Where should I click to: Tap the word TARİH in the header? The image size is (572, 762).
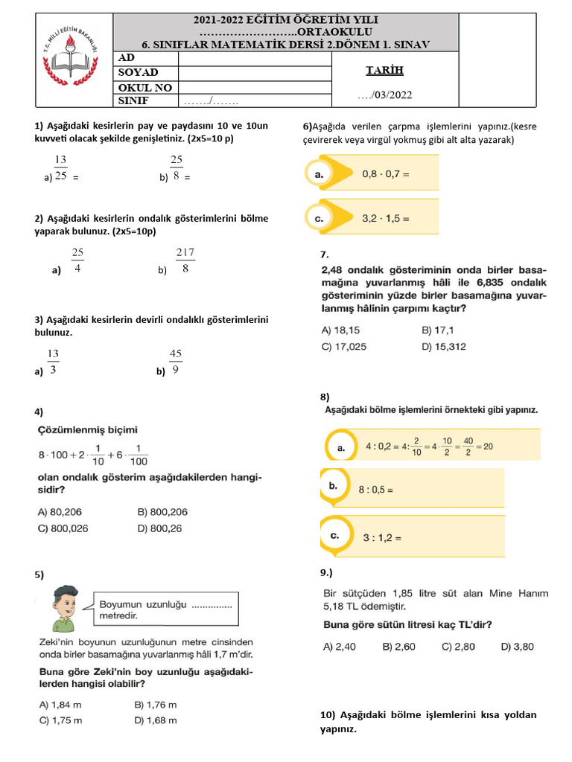384,71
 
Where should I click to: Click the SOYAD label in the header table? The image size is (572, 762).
139,72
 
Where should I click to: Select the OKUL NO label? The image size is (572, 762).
145,87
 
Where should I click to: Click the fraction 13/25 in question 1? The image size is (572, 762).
61,169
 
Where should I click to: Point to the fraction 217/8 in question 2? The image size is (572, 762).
185,261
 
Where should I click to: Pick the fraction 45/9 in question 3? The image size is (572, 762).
177,361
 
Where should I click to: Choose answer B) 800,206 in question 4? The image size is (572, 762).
163,511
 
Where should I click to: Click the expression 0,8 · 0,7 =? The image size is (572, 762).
386,174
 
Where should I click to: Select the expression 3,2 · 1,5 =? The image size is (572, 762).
386,219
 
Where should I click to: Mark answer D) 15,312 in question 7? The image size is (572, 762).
444,346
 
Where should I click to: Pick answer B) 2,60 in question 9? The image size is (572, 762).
399,647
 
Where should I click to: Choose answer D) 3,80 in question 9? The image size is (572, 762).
518,647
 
